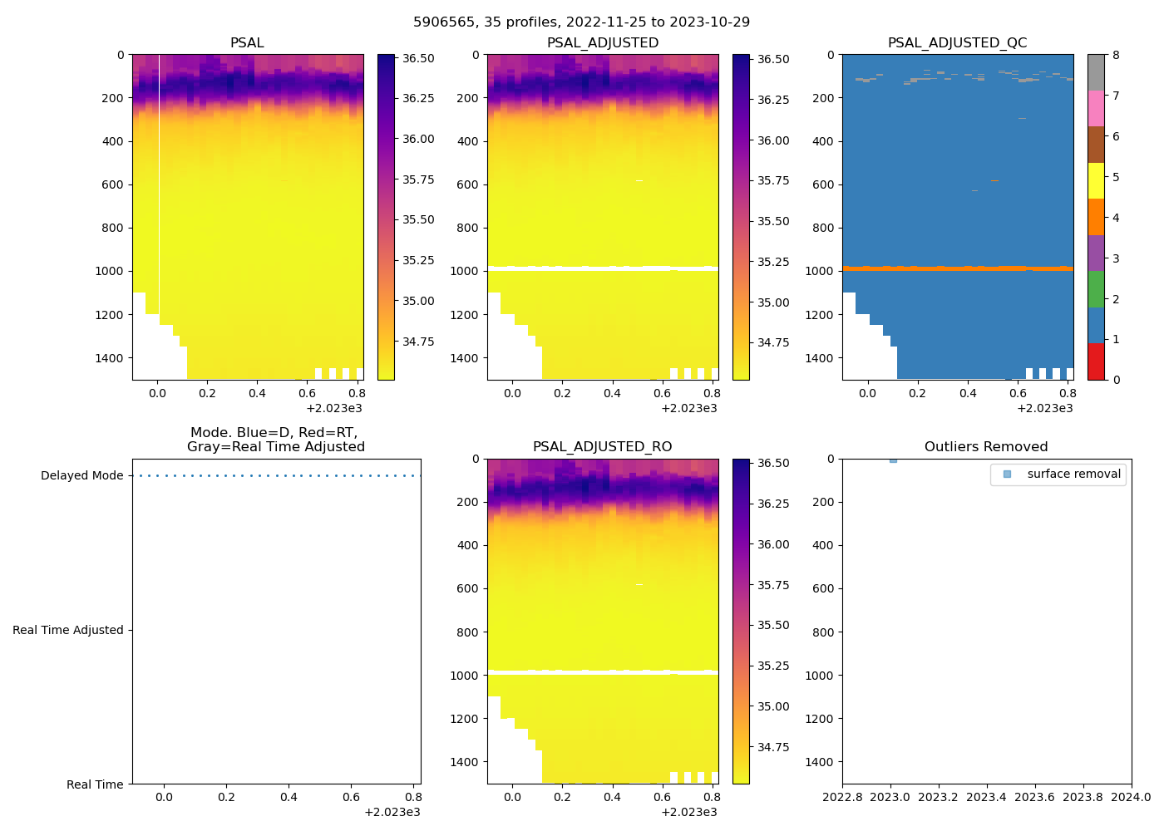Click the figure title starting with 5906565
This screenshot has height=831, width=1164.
581,22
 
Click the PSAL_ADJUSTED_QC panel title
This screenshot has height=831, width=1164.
957,42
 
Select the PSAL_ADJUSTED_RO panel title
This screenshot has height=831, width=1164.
602,446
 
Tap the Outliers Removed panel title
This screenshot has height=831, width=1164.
986,446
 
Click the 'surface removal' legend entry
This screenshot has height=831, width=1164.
1073,474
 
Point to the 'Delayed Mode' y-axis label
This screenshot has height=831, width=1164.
81,475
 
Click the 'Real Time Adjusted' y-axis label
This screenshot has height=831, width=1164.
67,630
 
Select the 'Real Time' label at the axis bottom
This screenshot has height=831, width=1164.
95,784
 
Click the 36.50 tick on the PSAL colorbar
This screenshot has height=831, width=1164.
418,58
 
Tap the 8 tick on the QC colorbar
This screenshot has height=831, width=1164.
1116,55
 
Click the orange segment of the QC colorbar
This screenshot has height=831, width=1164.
1096,217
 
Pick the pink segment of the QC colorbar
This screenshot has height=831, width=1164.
1096,108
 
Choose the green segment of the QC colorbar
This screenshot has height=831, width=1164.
1096,288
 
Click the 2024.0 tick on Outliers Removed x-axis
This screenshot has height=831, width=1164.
1132,797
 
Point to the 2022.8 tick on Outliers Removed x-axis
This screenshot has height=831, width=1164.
842,797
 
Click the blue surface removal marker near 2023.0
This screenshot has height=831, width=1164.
893,460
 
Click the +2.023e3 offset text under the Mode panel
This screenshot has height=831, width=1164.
392,812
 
